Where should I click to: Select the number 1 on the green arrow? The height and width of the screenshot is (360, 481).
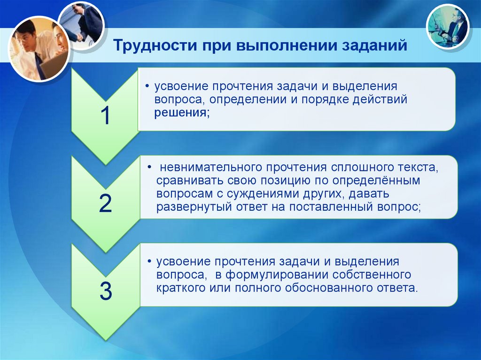coord(106,116)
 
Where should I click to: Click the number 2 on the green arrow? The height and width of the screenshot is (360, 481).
coord(105,203)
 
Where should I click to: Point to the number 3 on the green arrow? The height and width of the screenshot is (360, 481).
coord(106,291)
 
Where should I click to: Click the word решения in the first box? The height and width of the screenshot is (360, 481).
coord(180,113)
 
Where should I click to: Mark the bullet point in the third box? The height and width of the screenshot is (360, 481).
coord(149,261)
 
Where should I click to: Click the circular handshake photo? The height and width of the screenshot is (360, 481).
coord(82,26)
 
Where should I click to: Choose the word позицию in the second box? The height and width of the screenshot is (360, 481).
coord(285,181)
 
